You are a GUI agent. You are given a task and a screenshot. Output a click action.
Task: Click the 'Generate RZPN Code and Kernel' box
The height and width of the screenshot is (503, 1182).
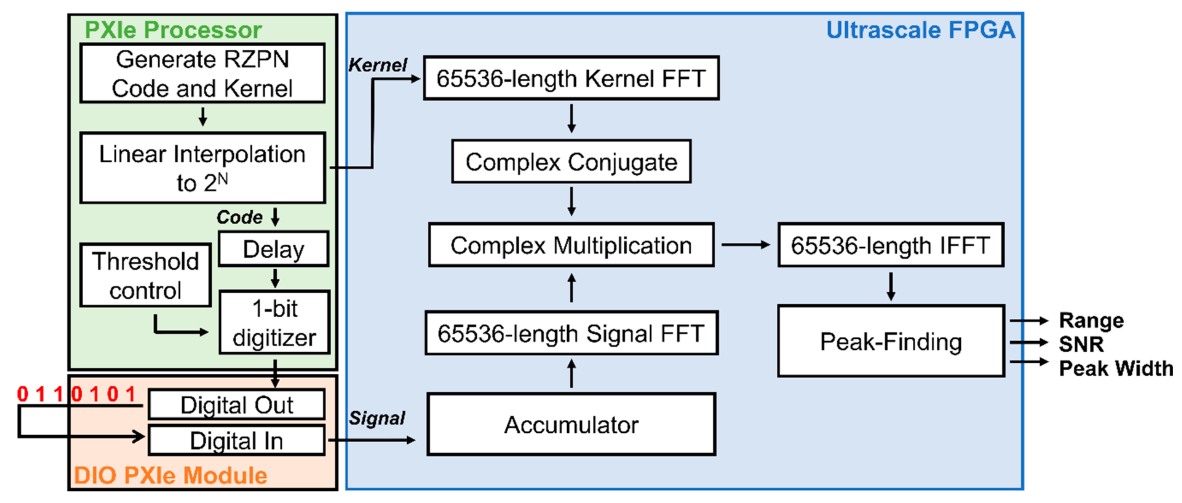203,74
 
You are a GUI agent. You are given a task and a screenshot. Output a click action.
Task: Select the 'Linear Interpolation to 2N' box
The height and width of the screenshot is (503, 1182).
203,168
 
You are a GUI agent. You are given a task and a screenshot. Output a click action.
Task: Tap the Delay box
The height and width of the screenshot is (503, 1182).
273,249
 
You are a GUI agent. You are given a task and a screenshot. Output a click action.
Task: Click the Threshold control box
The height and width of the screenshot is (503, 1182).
145,275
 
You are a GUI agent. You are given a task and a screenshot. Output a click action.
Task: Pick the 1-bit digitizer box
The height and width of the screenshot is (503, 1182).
274,322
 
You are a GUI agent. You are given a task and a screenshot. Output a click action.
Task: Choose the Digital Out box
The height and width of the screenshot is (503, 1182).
237,405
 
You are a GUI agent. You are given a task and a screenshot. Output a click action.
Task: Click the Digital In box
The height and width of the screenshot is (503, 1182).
237,440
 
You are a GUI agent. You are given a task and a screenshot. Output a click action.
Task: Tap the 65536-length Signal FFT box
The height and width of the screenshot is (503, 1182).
571,333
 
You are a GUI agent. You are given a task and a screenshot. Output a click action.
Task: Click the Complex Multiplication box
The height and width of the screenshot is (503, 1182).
571,245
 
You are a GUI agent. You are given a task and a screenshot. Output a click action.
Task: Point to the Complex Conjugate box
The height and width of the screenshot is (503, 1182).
571,162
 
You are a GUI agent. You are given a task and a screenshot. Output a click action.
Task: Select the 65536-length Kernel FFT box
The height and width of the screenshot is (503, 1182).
571,78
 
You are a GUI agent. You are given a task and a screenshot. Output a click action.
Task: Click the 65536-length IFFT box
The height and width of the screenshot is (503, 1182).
891,245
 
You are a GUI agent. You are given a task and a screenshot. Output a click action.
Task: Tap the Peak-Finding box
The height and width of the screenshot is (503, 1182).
891,342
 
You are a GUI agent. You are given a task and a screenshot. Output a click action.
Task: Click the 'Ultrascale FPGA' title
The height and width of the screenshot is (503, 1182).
921,30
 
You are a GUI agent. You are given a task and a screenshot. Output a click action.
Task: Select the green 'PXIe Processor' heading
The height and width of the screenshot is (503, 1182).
173,30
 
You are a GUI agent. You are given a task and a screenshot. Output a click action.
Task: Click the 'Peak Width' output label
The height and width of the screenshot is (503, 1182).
1116,368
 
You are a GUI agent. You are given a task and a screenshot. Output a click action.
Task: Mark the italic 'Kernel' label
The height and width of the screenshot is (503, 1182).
377,65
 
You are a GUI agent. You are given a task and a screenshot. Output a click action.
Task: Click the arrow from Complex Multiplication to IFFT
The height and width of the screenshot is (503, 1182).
746,245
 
